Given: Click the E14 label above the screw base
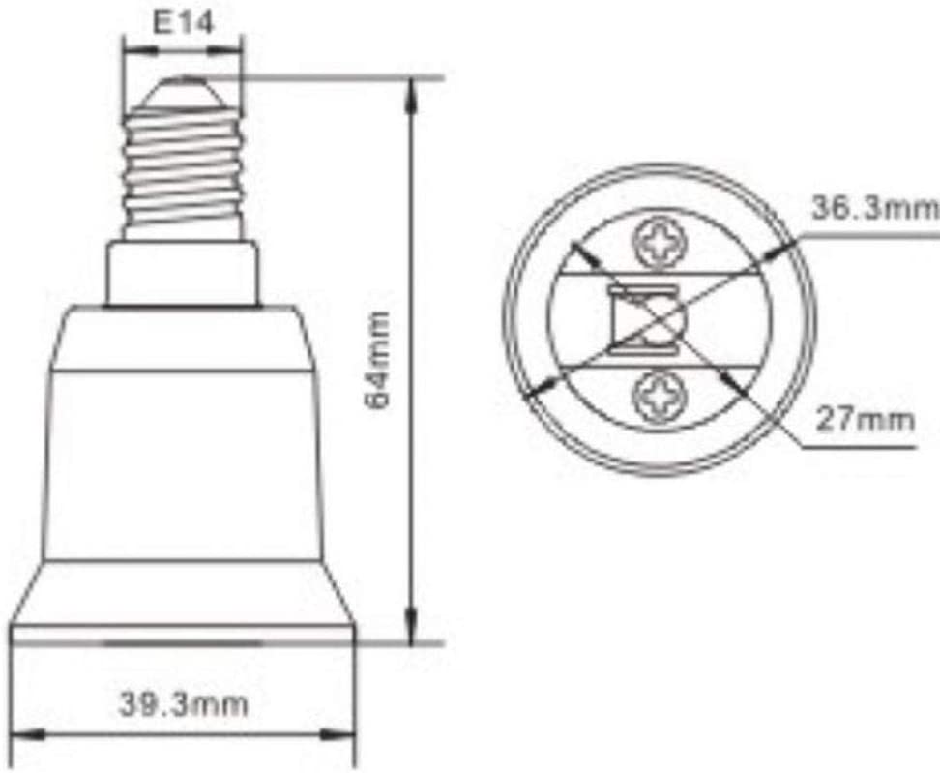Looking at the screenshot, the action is tap(183, 23).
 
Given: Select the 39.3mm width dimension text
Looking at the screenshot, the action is tap(184, 703).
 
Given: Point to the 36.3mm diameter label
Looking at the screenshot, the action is tap(875, 208).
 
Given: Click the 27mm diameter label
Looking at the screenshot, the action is tap(866, 419).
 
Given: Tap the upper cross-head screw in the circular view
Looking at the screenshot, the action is tap(660, 243).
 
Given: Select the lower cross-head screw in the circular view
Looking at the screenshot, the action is tap(660, 397).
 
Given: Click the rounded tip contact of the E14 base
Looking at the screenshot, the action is tap(183, 92).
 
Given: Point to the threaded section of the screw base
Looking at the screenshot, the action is tap(184, 171).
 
